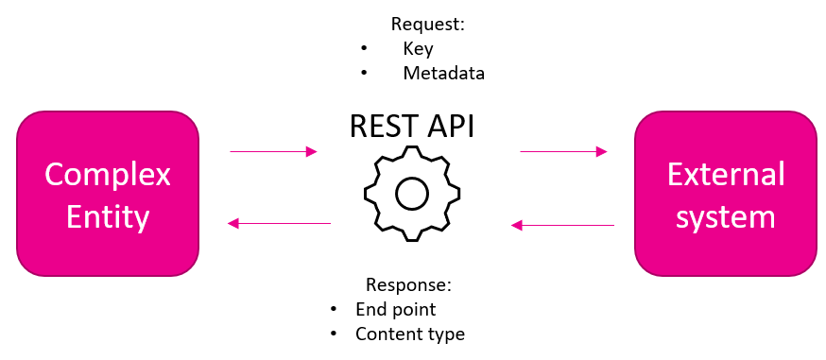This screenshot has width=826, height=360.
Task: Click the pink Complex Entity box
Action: [x=108, y=193]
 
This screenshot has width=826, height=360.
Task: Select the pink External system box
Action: [x=726, y=193]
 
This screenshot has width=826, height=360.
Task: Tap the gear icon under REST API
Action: [x=412, y=194]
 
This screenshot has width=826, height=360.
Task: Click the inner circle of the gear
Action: [x=412, y=194]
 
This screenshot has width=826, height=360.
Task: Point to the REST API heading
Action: [x=412, y=126]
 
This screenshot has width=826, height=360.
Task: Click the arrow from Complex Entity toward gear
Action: [x=273, y=151]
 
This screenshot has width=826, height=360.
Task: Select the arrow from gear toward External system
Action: [x=563, y=151]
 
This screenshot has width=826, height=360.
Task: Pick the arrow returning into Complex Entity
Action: [x=279, y=224]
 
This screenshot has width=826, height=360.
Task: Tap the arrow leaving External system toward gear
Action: [x=562, y=225]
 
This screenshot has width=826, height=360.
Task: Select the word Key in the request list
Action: [x=419, y=49]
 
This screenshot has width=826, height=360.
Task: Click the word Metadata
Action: [x=443, y=73]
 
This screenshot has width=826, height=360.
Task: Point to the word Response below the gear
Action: [x=409, y=284]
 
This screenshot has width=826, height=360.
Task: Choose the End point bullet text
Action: [x=396, y=310]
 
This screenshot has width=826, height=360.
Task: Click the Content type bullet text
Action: [x=410, y=334]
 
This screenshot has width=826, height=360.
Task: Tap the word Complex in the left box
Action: [x=108, y=175]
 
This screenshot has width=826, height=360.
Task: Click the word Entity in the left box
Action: [x=108, y=216]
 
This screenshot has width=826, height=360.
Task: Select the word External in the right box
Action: [x=726, y=174]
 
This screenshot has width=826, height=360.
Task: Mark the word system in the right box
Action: [x=726, y=216]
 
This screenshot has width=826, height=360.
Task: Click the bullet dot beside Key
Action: [x=364, y=48]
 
